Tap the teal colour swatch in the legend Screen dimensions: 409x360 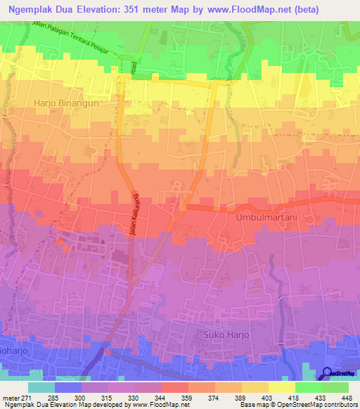41,387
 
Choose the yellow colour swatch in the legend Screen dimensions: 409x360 281,387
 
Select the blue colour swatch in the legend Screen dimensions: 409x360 68,387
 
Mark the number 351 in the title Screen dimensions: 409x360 133,10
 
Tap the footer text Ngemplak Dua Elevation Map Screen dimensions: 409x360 45,405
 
